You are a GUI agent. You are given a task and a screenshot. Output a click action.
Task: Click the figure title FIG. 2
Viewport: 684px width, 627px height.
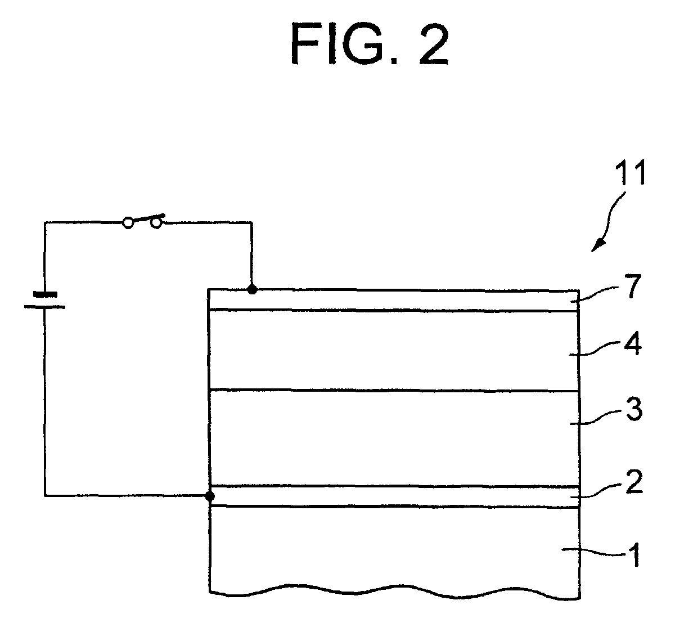[370, 44]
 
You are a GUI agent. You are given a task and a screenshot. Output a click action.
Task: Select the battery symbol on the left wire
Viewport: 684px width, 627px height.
[44, 300]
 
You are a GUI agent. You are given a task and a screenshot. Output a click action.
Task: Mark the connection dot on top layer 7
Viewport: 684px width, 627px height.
[252, 290]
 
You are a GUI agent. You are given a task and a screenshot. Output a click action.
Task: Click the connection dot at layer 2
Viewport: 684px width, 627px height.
[210, 496]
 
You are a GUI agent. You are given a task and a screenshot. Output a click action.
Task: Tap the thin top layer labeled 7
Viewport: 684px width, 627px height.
[394, 300]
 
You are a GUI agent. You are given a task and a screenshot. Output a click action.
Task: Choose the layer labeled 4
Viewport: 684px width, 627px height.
[394, 350]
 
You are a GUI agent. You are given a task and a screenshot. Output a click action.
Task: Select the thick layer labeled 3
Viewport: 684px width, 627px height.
[394, 438]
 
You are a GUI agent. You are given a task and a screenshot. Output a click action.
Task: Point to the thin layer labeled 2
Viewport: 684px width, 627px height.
[394, 496]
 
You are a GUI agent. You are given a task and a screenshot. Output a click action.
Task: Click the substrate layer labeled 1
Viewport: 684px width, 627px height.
[394, 549]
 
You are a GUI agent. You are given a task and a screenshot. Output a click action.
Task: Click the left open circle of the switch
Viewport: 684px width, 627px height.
[128, 223]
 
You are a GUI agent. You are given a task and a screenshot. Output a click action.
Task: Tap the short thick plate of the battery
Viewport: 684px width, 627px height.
[44, 294]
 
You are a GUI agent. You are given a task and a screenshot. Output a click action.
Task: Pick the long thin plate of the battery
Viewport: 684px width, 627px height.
[44, 306]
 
